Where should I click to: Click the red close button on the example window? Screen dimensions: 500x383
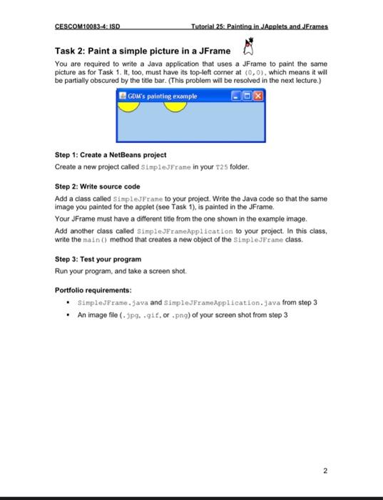coord(258,96)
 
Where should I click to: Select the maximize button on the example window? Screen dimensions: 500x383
coord(247,96)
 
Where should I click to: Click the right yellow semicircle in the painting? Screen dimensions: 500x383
coord(175,106)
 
